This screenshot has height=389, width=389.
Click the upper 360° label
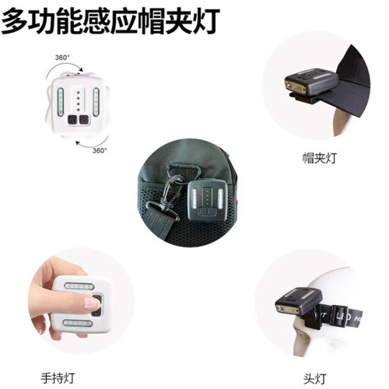coord(63,58)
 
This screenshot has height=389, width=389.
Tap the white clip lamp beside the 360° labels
coord(77,105)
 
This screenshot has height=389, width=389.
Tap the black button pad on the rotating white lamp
coord(77,121)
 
